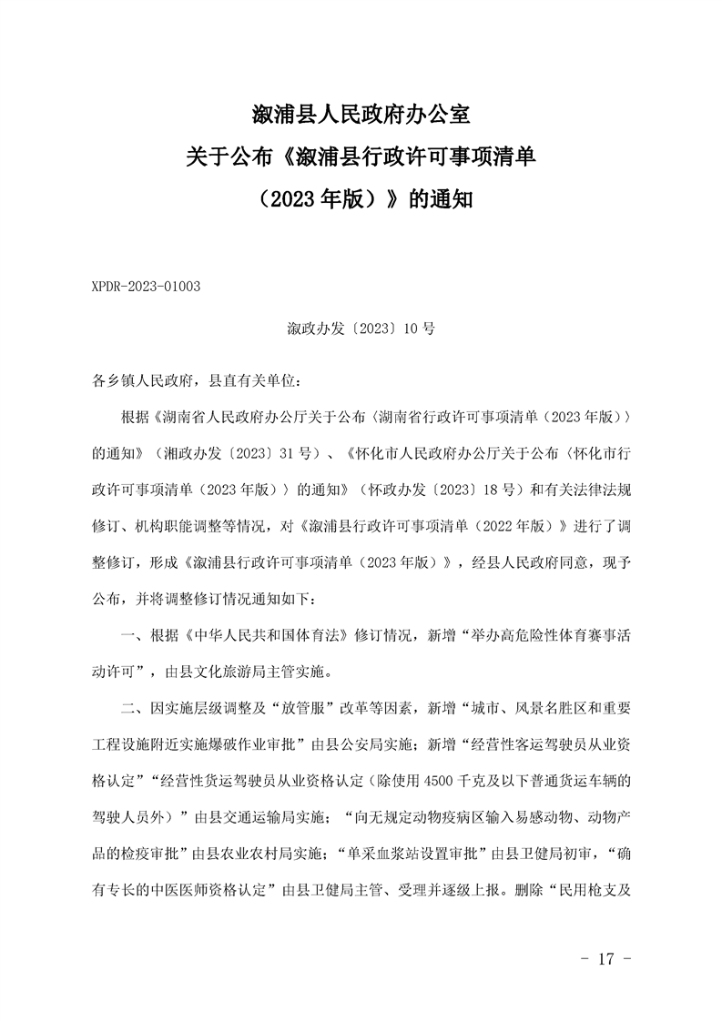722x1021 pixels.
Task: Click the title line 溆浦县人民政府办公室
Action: tap(360, 116)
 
